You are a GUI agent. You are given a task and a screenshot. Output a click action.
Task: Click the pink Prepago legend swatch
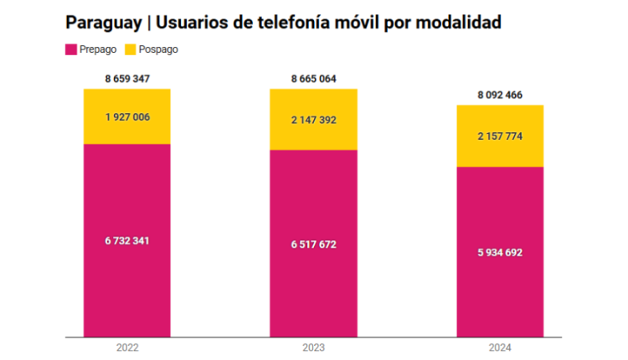[71, 49]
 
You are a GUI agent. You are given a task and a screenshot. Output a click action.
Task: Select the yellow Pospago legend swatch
[131, 49]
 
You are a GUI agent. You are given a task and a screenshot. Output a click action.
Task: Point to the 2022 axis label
[127, 347]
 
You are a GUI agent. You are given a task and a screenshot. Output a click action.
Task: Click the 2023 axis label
[313, 347]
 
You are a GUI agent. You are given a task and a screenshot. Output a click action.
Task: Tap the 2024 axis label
[500, 347]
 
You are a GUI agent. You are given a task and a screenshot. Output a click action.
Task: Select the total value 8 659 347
[127, 79]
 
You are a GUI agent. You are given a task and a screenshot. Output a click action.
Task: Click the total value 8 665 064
[313, 79]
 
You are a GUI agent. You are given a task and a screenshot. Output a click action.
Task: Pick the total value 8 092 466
[500, 95]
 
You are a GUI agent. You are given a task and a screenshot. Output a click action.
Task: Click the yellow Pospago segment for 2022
[127, 130]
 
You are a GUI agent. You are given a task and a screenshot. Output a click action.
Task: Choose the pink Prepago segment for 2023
[313, 285]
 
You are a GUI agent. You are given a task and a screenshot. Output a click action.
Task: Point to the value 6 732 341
[127, 240]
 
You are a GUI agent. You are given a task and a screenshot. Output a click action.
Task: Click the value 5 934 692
[500, 252]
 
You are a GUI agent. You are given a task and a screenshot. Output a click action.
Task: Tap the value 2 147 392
[313, 121]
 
